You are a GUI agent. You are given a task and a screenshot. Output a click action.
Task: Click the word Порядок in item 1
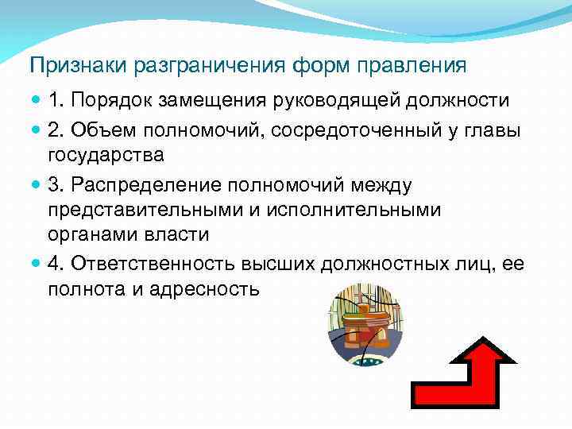click(x=112, y=101)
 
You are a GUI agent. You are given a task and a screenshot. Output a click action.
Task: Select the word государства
click(x=106, y=156)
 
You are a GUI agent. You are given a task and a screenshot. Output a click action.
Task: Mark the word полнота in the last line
click(x=84, y=289)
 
